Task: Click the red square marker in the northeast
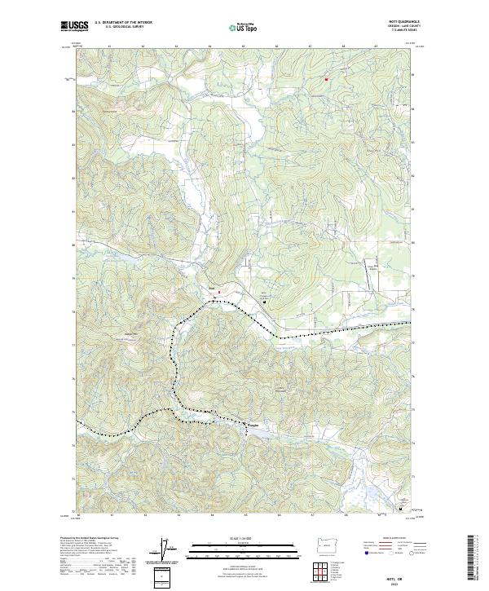tap(327, 79)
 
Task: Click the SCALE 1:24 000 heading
tap(240, 536)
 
